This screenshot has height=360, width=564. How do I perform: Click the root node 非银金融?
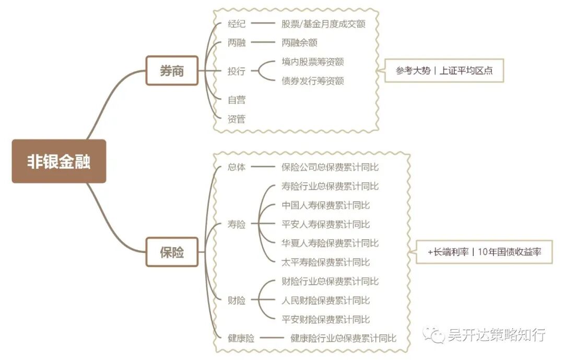tap(59, 161)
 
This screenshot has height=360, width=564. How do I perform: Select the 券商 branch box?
tap(172, 71)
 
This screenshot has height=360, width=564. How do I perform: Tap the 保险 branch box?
tap(172, 252)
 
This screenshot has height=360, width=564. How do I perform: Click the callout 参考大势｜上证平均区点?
tap(444, 71)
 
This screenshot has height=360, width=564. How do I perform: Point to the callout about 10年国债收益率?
tap(484, 252)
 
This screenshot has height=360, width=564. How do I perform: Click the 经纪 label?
tap(237, 24)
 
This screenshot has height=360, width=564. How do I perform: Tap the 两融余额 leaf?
tap(299, 43)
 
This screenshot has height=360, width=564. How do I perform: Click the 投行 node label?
tap(237, 71)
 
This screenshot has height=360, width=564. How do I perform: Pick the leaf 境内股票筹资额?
tap(312, 62)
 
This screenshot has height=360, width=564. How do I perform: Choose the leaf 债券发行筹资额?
tap(312, 80)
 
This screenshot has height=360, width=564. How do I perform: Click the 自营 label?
tap(237, 100)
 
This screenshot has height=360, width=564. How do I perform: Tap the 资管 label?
tap(237, 119)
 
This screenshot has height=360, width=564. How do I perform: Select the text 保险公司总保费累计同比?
tap(330, 167)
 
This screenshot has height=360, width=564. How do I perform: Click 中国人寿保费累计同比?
tap(325, 205)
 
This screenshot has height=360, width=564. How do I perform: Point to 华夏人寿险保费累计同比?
tap(330, 243)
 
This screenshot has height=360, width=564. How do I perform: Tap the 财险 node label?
tap(237, 300)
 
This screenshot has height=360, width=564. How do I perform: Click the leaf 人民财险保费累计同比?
tap(325, 300)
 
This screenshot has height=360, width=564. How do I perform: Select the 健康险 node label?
tap(241, 338)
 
